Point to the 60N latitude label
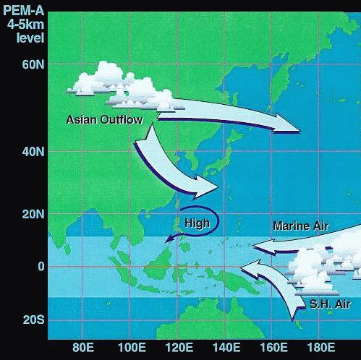pyautogui.click(x=33, y=64)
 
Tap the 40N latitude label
pyautogui.click(x=33, y=152)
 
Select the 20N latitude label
pyautogui.click(x=33, y=214)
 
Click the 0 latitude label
pyautogui.click(x=41, y=266)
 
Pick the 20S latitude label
pyautogui.click(x=33, y=319)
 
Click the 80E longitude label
pyautogui.click(x=84, y=347)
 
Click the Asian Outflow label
pyautogui.click(x=104, y=119)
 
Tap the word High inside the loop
pyautogui.click(x=197, y=223)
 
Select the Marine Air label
pyautogui.click(x=300, y=226)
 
